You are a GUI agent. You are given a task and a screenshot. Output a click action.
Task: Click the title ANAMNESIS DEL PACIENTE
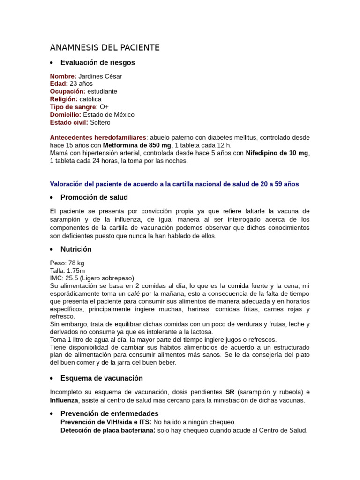click(x=105, y=47)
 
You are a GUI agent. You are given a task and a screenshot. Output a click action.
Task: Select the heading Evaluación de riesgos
click(x=97, y=62)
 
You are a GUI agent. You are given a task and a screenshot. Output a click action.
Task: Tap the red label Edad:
click(x=59, y=83)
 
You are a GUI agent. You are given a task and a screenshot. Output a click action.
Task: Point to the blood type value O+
click(x=104, y=107)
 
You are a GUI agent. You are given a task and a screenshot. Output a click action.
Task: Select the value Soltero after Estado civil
click(x=100, y=122)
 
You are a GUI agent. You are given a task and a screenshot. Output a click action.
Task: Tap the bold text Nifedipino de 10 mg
click(x=277, y=153)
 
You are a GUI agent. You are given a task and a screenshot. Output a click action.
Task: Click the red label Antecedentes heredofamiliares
click(x=98, y=137)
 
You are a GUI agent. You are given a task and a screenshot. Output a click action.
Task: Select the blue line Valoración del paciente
click(x=174, y=184)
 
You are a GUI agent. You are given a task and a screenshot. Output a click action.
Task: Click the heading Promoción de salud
click(x=94, y=197)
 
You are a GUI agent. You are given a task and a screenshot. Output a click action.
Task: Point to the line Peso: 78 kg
click(x=67, y=263)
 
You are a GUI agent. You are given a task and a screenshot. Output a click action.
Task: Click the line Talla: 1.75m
click(x=67, y=270)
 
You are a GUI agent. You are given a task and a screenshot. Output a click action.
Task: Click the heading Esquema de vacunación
click(x=102, y=378)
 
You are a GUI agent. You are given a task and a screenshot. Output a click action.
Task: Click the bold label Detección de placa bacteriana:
click(x=107, y=430)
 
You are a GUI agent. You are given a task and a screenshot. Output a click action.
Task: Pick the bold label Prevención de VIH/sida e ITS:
click(x=106, y=422)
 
